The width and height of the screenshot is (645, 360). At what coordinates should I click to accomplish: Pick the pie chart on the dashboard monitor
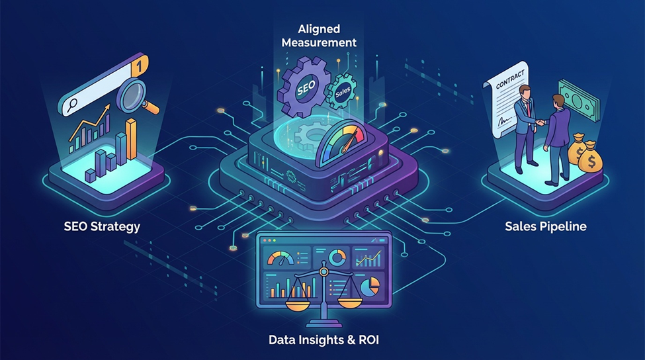point(370,283)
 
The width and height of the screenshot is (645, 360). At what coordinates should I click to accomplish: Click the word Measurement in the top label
point(319,42)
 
